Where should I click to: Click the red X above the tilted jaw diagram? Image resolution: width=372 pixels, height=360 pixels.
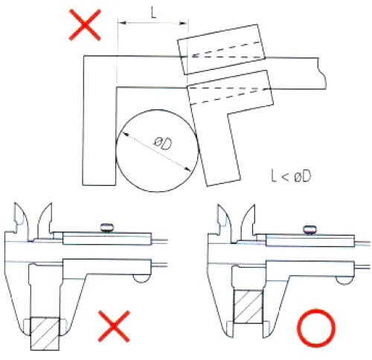tap(85, 25)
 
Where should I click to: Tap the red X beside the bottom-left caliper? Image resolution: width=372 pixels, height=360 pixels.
tap(114, 326)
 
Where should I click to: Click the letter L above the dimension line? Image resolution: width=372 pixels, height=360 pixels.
tap(154, 13)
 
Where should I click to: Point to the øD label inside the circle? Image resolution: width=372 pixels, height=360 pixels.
tap(163, 144)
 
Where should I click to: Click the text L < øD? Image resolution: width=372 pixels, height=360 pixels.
tap(291, 176)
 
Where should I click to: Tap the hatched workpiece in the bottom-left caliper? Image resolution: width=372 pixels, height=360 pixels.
tap(45, 333)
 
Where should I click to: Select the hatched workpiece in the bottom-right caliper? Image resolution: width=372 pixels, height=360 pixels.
tap(248, 306)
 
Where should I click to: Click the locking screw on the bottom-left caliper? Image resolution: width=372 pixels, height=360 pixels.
tap(107, 228)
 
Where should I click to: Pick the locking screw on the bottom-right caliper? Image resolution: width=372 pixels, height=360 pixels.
tap(310, 230)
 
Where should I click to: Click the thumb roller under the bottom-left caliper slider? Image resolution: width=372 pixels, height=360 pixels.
tap(142, 278)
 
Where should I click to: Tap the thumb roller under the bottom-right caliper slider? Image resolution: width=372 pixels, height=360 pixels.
tap(344, 280)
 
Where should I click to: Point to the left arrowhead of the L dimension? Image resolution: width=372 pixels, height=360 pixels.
tap(122, 23)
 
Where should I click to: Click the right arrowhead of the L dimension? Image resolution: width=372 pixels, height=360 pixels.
tap(183, 23)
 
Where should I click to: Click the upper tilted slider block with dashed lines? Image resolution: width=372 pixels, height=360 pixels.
tap(221, 49)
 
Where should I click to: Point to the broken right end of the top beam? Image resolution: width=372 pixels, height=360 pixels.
tap(321, 74)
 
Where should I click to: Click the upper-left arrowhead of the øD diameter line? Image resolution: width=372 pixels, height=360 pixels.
tap(126, 135)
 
